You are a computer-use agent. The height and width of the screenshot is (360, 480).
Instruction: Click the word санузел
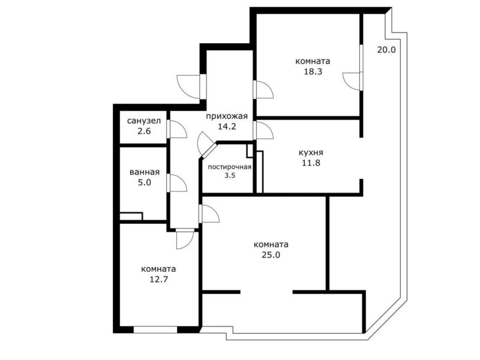[144, 121]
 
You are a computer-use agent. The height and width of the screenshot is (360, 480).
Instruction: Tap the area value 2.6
[144, 131]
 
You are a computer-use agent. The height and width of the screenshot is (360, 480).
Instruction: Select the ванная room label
[145, 172]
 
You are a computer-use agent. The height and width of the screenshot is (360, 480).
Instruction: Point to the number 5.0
[145, 183]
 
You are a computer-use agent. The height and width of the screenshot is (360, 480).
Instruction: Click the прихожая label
[227, 116]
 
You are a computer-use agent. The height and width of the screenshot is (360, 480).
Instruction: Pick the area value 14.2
[227, 127]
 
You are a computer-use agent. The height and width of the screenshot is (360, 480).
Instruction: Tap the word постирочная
[230, 167]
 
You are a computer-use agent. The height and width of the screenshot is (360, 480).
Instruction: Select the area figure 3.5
[230, 176]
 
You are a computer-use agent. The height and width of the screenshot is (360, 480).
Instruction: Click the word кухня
[311, 152]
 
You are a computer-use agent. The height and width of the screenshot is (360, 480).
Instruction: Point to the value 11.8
[311, 163]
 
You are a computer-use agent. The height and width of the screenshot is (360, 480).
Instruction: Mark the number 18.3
[313, 71]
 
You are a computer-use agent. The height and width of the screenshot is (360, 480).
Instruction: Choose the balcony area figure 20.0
[386, 50]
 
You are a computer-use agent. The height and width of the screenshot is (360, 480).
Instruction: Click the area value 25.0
[271, 254]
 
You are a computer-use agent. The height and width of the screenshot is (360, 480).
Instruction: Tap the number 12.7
[159, 279]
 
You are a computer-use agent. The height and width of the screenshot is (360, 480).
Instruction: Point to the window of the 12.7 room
[155, 329]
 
